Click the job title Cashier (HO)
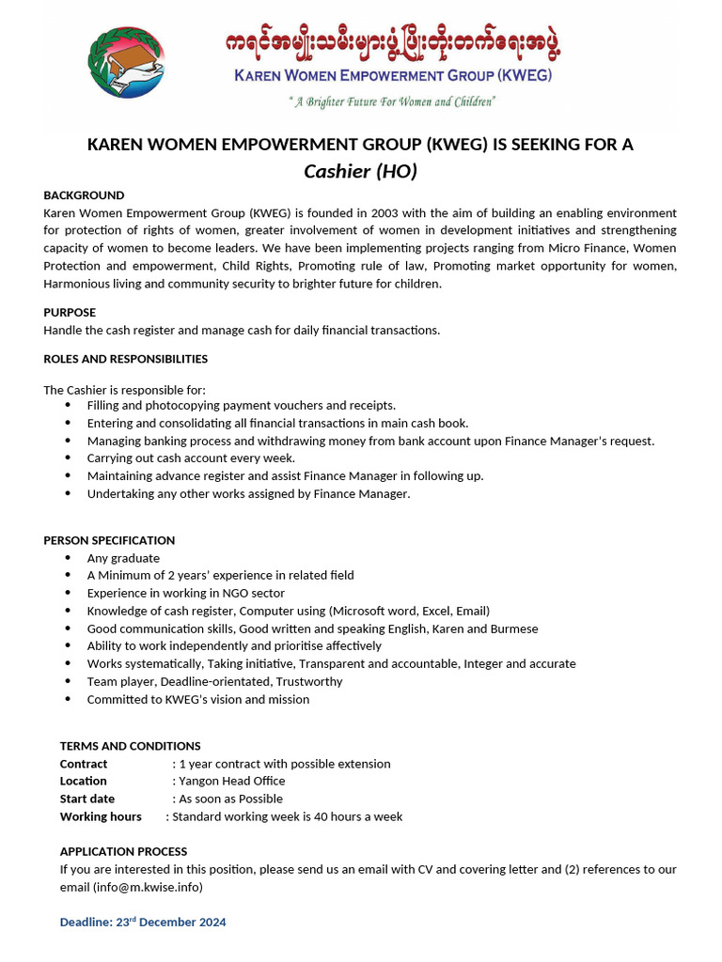click(360, 171)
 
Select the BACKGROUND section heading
click(84, 195)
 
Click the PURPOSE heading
click(70, 312)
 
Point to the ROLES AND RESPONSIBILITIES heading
click(126, 359)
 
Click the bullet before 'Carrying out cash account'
click(68, 458)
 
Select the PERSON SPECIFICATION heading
click(109, 540)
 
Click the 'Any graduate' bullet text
click(123, 558)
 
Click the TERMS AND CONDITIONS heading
click(130, 746)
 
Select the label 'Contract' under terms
click(84, 764)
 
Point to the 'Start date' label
click(87, 799)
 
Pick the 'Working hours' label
click(101, 816)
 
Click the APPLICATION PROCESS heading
click(123, 851)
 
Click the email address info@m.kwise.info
click(148, 887)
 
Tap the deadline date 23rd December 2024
click(171, 923)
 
